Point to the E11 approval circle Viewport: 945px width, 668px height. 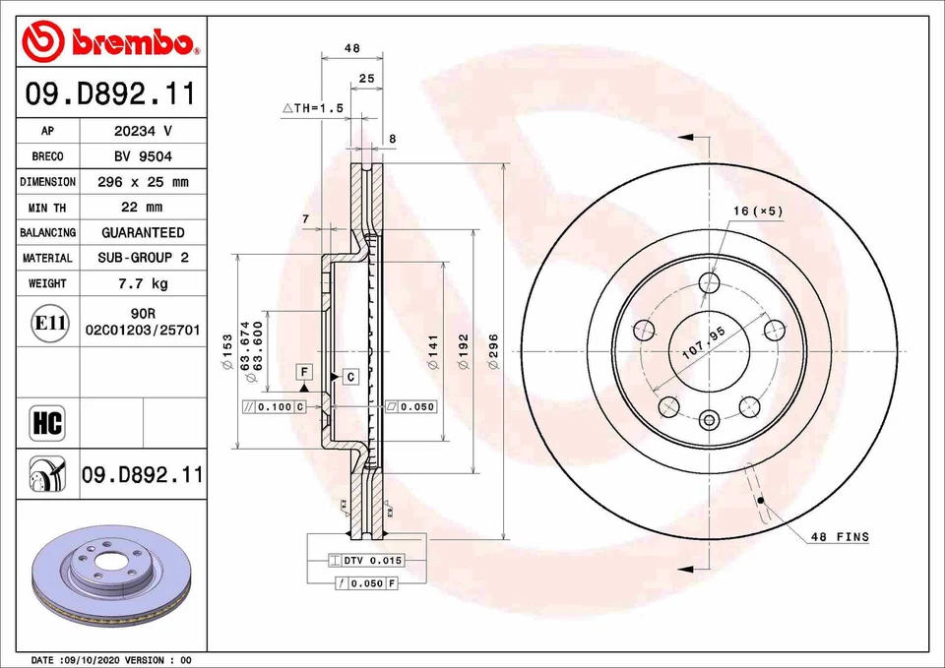click(49, 323)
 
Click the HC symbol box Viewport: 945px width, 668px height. click(47, 424)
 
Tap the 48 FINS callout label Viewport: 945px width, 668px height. click(839, 537)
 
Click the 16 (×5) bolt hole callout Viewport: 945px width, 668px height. click(757, 212)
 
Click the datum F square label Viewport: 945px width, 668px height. click(304, 372)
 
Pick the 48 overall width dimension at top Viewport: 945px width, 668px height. click(351, 47)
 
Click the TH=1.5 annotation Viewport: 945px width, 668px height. click(313, 108)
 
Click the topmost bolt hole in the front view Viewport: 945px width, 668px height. click(709, 283)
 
